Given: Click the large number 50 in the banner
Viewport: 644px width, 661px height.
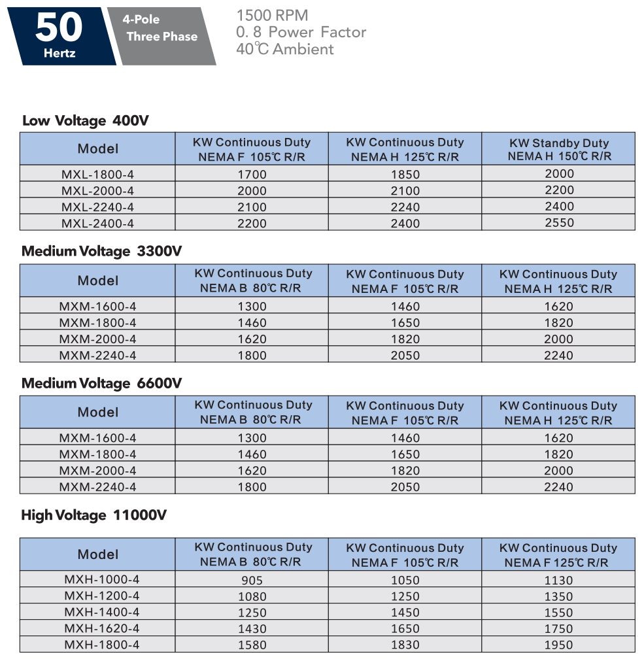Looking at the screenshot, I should [x=59, y=28].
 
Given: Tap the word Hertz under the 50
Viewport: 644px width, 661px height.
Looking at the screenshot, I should [x=59, y=53].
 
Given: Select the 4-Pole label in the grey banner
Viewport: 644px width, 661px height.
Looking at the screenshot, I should [x=141, y=19].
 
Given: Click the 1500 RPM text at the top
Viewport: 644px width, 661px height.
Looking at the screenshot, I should [x=272, y=15].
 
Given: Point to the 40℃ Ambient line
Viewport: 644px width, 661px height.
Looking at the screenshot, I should [x=285, y=49].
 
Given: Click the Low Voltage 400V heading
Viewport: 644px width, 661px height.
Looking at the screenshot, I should [x=86, y=120].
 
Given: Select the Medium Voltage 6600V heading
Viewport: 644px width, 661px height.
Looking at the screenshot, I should [x=101, y=383].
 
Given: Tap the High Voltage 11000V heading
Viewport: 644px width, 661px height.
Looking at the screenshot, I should [x=93, y=515].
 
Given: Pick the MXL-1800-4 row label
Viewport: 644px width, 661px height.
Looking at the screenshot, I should [x=97, y=175].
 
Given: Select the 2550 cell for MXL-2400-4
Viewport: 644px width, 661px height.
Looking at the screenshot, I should [x=559, y=222].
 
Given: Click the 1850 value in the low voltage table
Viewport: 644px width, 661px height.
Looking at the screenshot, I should [x=405, y=175].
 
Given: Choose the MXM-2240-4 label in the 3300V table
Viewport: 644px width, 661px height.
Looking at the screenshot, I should [x=97, y=355].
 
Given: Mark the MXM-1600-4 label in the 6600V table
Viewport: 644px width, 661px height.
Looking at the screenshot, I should [x=97, y=438].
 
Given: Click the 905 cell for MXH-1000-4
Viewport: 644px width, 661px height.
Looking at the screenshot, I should [x=252, y=580].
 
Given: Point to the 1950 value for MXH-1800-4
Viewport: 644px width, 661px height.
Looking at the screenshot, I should [x=558, y=645].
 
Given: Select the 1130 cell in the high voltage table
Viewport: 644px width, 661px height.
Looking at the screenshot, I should [x=558, y=580].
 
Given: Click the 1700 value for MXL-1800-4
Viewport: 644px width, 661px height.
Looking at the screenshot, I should [x=252, y=175].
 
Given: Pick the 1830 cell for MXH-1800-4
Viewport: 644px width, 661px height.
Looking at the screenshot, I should [x=405, y=645].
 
